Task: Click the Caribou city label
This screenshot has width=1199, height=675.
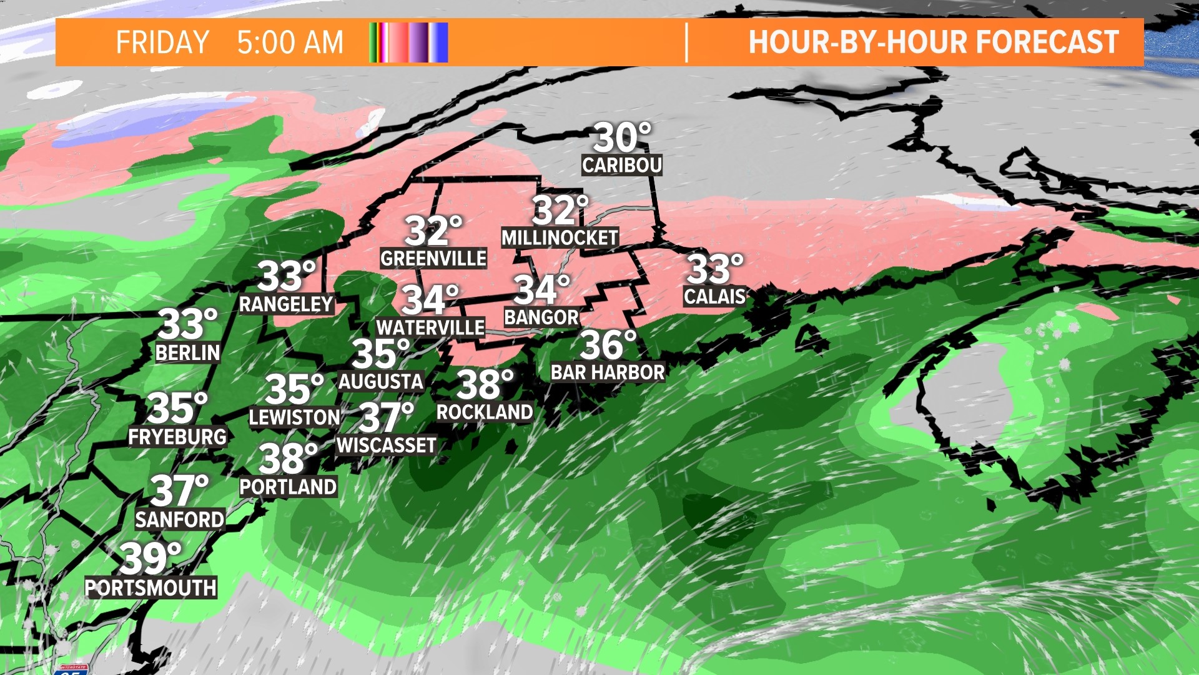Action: [x=621, y=165]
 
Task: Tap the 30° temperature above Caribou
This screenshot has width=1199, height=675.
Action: [x=621, y=137]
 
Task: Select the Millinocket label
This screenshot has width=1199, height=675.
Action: [x=560, y=237]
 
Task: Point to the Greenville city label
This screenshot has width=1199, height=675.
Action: [x=433, y=258]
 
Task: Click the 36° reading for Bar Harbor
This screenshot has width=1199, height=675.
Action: [x=608, y=344]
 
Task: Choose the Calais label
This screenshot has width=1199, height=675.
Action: [x=714, y=296]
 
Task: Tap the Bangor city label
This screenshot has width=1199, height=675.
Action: [x=541, y=317]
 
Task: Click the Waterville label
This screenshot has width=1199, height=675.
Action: [x=430, y=327]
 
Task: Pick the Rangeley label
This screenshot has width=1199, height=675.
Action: [x=286, y=304]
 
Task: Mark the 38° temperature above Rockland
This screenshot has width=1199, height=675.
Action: [x=485, y=384]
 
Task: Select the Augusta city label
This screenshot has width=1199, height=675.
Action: [x=381, y=381]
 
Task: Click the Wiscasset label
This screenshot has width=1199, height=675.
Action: [x=387, y=445]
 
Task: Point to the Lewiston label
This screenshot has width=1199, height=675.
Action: [x=294, y=417]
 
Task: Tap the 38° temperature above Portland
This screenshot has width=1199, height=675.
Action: [x=288, y=459]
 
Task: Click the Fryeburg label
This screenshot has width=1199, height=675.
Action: [x=177, y=436]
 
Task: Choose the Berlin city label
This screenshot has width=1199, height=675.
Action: [x=187, y=352]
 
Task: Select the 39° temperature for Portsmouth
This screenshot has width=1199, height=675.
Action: [x=150, y=558]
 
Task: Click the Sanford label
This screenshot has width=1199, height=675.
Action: [x=180, y=519]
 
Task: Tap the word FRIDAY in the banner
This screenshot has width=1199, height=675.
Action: [x=162, y=42]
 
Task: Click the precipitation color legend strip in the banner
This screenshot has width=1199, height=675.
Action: [x=409, y=42]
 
